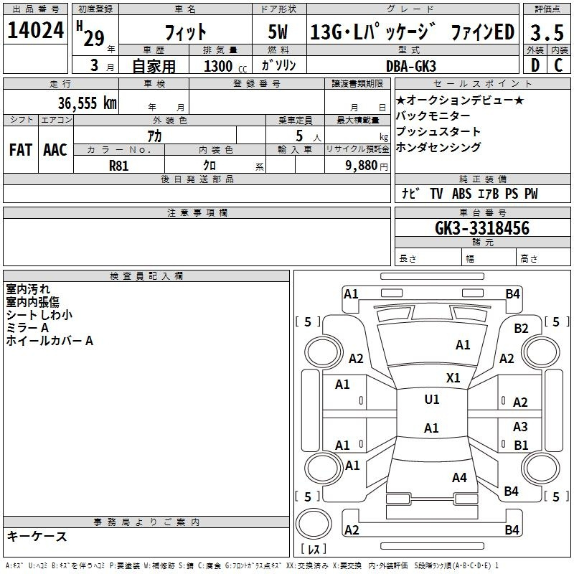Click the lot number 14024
tap(36, 30)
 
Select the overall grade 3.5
tap(547, 33)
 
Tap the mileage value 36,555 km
tap(88, 103)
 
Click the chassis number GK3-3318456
tap(482, 228)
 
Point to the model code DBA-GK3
tap(411, 66)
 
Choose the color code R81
tap(119, 166)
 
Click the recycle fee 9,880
tap(362, 166)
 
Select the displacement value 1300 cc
tap(225, 67)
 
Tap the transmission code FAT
tap(21, 150)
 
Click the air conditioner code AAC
tap(55, 150)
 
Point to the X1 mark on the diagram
tap(453, 377)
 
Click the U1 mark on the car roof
tap(432, 399)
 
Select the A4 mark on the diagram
tap(459, 477)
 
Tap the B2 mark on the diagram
tap(522, 329)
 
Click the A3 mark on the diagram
tap(520, 426)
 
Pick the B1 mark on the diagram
tap(521, 445)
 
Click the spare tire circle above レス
tap(314, 523)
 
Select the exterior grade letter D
tap(535, 65)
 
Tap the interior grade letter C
tap(558, 65)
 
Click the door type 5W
tap(278, 32)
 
